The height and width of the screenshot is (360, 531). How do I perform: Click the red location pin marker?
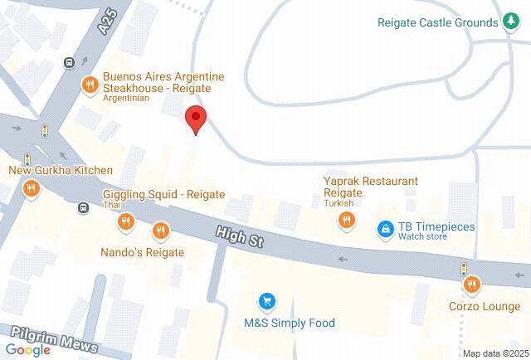point(195,119)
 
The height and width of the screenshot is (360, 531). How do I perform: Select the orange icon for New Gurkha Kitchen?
point(31,188)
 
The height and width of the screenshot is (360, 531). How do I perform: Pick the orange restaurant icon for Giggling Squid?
point(126,221)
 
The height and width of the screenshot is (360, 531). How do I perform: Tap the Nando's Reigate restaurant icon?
point(160,231)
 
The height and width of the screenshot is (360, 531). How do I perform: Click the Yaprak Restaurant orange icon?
point(346,221)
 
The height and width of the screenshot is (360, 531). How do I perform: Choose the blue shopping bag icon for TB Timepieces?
point(385,228)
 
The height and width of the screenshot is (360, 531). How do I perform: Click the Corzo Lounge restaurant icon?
point(472,285)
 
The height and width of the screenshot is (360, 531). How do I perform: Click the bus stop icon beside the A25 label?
point(70,61)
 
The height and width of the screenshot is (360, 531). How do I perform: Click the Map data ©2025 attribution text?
point(495,353)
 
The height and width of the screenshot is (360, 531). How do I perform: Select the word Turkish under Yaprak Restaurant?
point(339,203)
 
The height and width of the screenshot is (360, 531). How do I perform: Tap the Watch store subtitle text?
point(422,236)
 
